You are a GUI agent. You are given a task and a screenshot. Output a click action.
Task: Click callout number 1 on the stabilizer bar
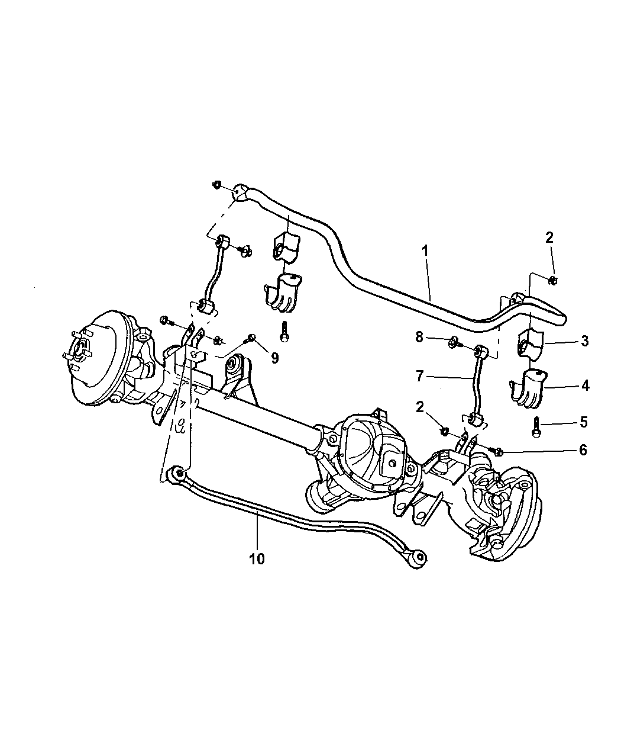click(x=425, y=250)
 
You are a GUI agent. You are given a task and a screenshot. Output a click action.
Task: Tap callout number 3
click(x=584, y=340)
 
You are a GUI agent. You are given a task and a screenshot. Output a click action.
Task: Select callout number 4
click(x=585, y=386)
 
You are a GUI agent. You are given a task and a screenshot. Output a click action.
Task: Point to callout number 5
click(x=583, y=422)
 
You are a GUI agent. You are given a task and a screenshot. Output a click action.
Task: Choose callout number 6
click(x=583, y=450)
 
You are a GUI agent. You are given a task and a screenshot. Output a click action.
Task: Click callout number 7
click(x=419, y=377)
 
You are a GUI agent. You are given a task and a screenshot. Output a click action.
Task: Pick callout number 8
click(x=419, y=337)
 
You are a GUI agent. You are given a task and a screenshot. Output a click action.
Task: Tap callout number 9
click(x=275, y=358)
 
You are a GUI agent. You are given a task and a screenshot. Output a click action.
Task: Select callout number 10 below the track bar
click(x=257, y=558)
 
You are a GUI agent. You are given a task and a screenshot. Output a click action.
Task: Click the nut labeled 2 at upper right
click(x=552, y=280)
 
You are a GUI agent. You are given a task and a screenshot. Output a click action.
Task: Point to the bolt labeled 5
click(x=536, y=427)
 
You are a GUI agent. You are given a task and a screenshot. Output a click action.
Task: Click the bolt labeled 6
click(x=496, y=451)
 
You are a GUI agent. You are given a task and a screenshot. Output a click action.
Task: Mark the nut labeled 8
click(x=453, y=342)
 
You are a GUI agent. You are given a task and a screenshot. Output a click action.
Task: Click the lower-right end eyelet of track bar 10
click(x=419, y=567)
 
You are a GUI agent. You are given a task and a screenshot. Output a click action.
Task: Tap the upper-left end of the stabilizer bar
click(x=240, y=192)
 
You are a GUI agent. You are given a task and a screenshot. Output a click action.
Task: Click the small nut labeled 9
click(x=252, y=338)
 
